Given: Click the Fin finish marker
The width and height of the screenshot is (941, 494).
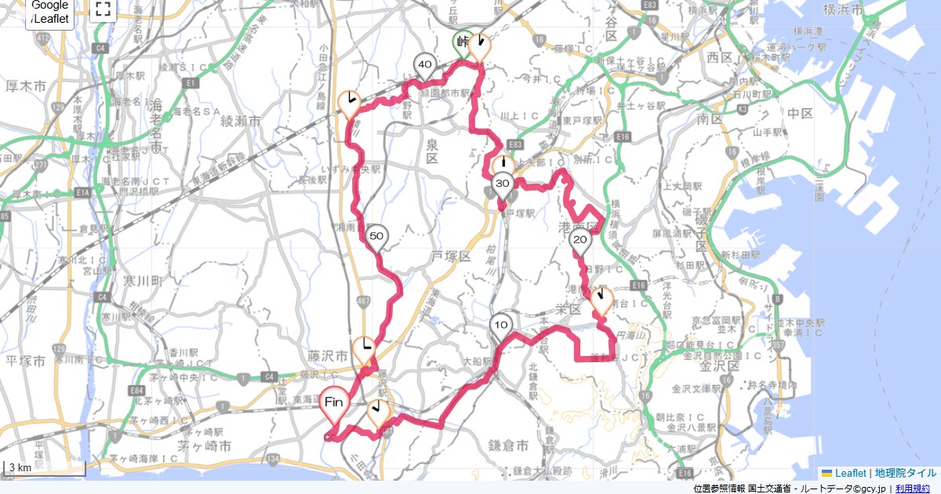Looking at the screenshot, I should (332, 402).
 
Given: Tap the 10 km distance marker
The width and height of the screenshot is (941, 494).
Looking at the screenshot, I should (502, 325).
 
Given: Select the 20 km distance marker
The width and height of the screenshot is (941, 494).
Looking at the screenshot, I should (580, 240).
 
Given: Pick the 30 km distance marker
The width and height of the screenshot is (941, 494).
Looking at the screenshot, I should (503, 184).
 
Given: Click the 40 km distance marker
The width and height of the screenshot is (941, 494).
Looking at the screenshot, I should (425, 65).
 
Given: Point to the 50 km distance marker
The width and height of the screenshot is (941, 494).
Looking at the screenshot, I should (376, 236).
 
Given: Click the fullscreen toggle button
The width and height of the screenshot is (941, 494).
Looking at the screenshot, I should (103, 9).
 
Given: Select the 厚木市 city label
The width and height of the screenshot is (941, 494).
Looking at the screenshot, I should (27, 84).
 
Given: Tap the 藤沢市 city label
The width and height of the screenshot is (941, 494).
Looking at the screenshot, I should (325, 355).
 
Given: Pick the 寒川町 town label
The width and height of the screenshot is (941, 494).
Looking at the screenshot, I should (141, 280).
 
